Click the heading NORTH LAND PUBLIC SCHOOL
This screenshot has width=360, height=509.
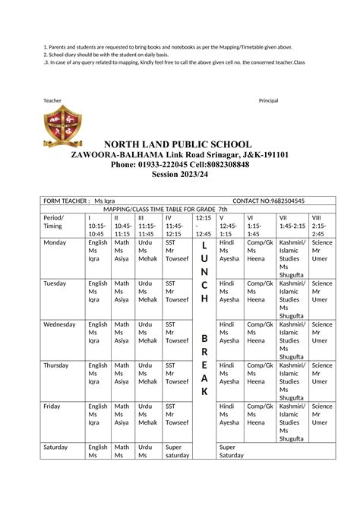[x=178, y=144]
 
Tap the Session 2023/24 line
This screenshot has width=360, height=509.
[x=179, y=174]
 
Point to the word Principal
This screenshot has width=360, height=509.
[x=268, y=101]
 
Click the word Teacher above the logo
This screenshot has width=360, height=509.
[x=52, y=101]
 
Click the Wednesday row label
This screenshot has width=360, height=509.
[x=60, y=324]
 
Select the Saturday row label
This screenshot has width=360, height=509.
[x=56, y=447]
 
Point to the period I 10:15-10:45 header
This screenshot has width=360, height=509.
[x=97, y=226]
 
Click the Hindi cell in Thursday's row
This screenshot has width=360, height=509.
[x=229, y=374]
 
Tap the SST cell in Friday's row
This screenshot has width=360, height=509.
[x=176, y=415]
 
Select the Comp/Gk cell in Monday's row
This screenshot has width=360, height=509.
[x=260, y=251]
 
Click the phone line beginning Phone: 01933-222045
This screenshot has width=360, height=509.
[x=179, y=164]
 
